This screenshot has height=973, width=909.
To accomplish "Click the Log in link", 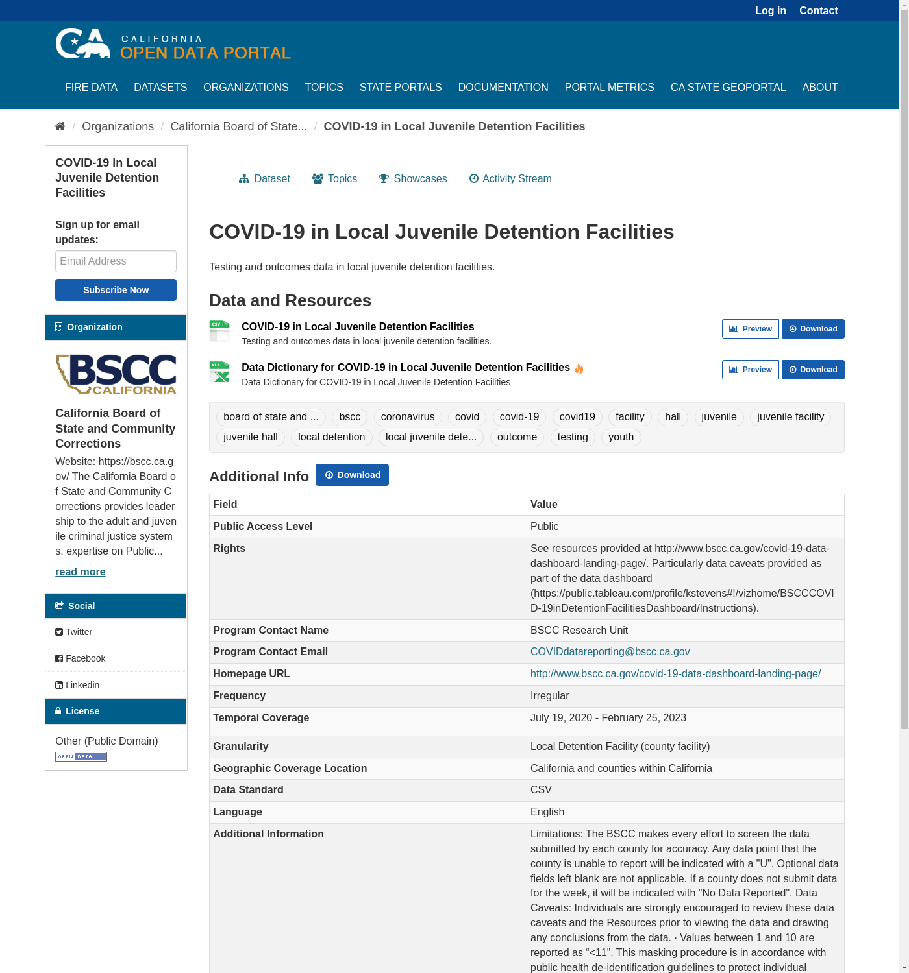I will click(x=770, y=10).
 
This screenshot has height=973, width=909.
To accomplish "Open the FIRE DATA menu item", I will click(x=91, y=87).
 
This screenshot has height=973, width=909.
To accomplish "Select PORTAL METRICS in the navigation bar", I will click(x=609, y=87).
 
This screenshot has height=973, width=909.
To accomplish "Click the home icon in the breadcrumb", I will click(x=60, y=126).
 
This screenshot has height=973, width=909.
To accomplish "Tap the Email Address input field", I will click(x=116, y=261).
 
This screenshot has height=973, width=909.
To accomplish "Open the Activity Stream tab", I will click(x=510, y=178).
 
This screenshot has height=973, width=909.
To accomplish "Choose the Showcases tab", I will click(x=413, y=178).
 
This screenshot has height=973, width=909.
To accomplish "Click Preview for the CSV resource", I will click(x=750, y=329).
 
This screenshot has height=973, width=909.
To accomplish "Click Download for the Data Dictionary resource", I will click(x=813, y=370).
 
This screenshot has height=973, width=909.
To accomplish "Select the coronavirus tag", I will click(x=408, y=417).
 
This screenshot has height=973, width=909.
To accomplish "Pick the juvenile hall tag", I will click(x=250, y=437).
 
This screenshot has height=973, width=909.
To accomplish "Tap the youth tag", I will click(x=621, y=437).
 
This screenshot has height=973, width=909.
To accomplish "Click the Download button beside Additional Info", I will click(x=352, y=475).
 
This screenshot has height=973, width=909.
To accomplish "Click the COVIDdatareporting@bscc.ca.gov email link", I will click(x=610, y=652).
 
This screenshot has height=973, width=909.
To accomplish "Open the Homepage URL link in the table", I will click(x=675, y=674).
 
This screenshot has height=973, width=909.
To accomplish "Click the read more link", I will click(x=80, y=571).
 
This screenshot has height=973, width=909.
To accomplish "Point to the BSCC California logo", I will click(x=116, y=374).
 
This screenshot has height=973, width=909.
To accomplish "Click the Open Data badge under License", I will click(x=81, y=757).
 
